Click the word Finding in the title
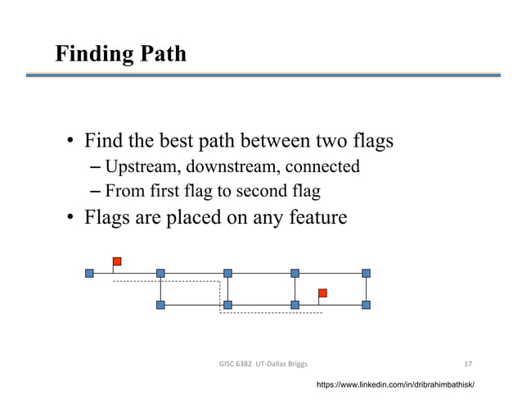click(x=91, y=54)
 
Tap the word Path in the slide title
click(x=160, y=54)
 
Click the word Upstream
click(x=142, y=167)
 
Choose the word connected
click(x=322, y=167)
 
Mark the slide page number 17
click(x=467, y=363)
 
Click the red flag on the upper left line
click(x=117, y=261)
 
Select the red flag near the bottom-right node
click(x=322, y=293)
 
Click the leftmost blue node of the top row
click(x=89, y=273)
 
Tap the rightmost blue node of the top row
click(x=366, y=273)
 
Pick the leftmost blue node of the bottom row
click(x=160, y=305)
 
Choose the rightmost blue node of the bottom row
click(x=366, y=305)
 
